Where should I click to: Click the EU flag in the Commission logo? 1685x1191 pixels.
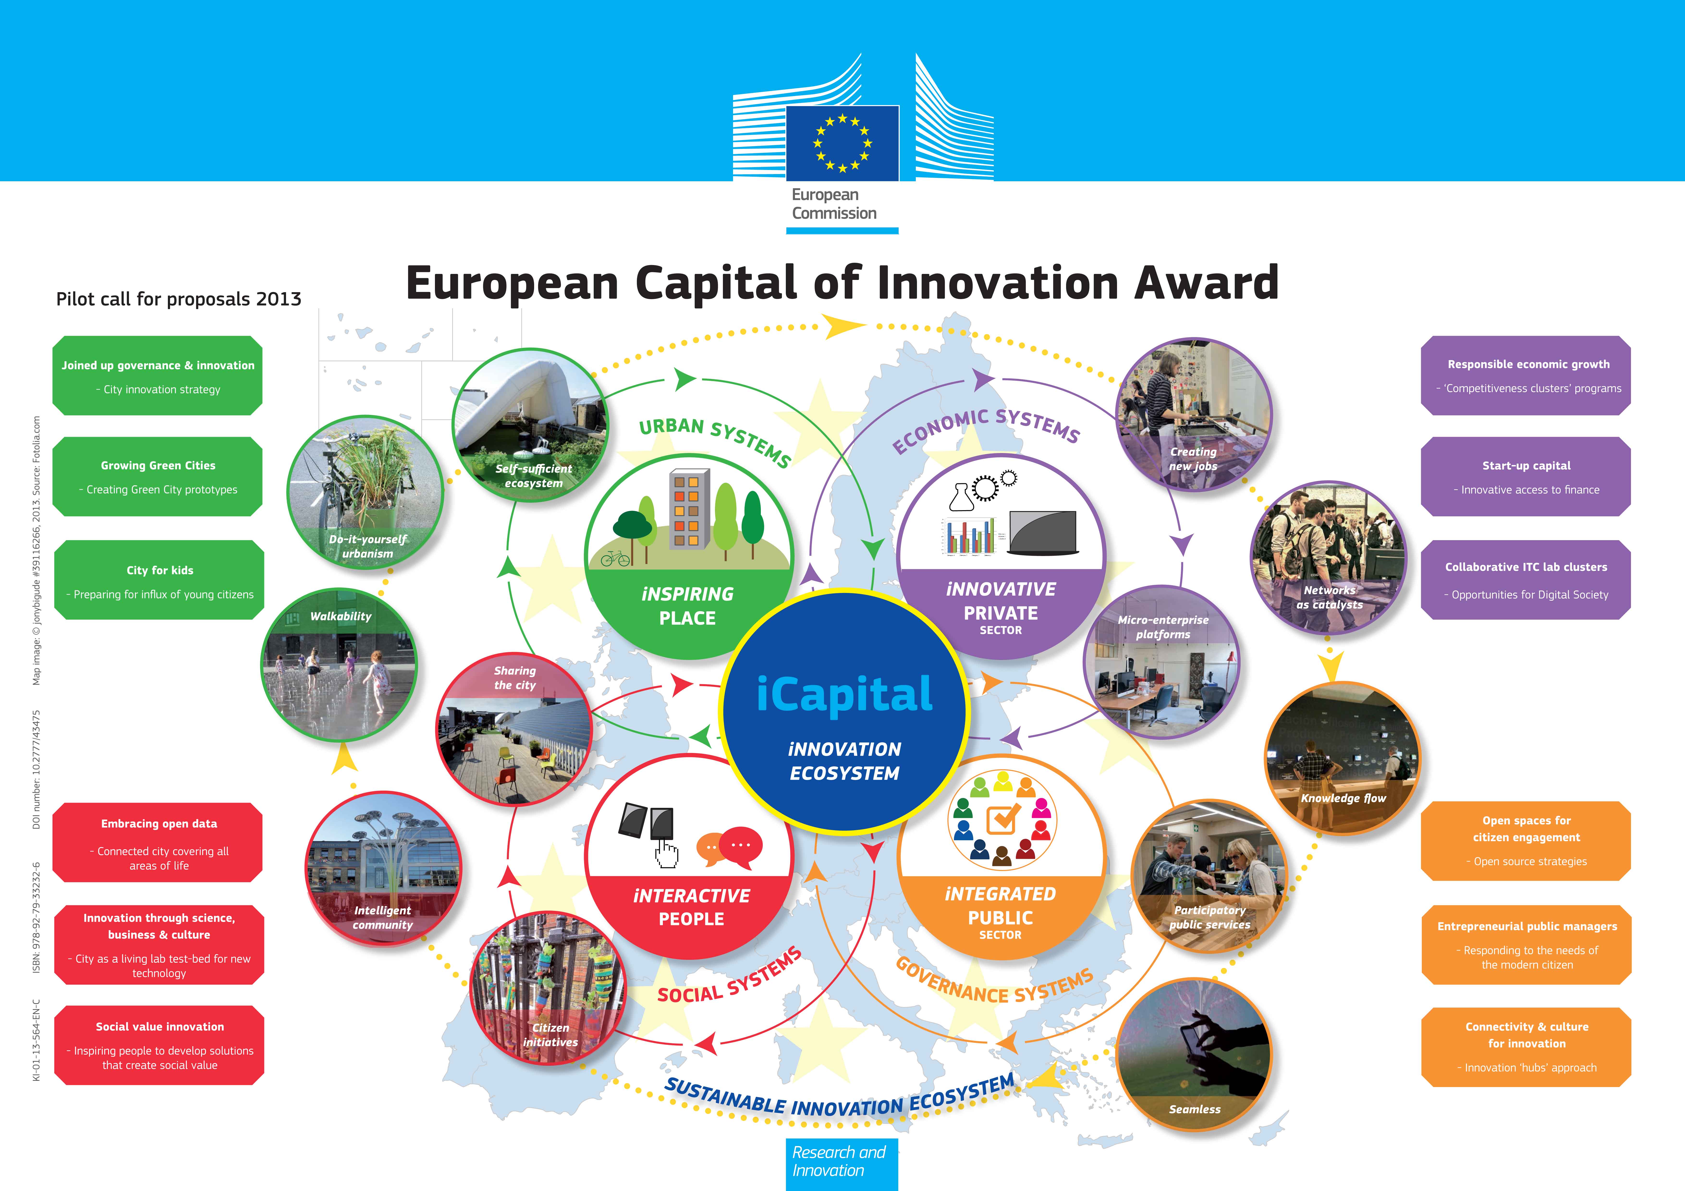842,143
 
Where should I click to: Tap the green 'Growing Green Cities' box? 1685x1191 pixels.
158,477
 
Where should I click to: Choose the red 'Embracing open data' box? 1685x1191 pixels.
158,842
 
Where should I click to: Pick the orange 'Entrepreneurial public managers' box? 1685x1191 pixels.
1526,944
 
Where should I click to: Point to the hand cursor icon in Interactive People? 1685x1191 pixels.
666,853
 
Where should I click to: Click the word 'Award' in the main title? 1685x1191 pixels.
1206,283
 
